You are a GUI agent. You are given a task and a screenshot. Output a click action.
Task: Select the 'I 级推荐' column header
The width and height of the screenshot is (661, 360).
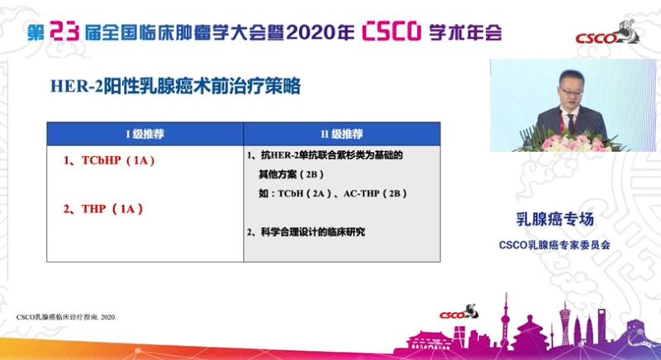coord(144,133)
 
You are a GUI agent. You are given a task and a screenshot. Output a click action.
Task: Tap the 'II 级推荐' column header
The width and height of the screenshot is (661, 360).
coord(341,133)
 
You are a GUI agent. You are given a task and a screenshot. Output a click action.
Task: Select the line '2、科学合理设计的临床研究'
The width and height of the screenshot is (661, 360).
coord(306,232)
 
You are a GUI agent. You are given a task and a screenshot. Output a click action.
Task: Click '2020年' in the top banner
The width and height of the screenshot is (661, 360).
coord(321,31)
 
